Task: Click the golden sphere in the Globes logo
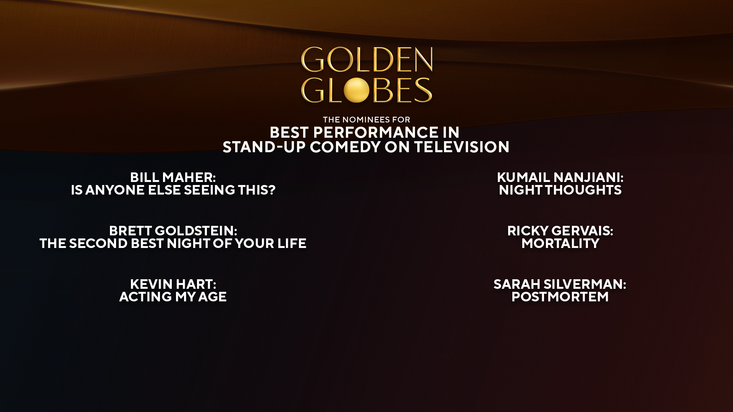pos(356,90)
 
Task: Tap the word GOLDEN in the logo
pos(366,60)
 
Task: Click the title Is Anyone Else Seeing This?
pos(173,190)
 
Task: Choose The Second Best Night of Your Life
pos(173,243)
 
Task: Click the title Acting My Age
pos(173,297)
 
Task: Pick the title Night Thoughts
pos(560,190)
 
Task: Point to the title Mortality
pos(560,243)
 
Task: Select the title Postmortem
pos(560,297)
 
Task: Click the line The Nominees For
pos(366,120)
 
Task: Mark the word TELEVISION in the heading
pos(462,147)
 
